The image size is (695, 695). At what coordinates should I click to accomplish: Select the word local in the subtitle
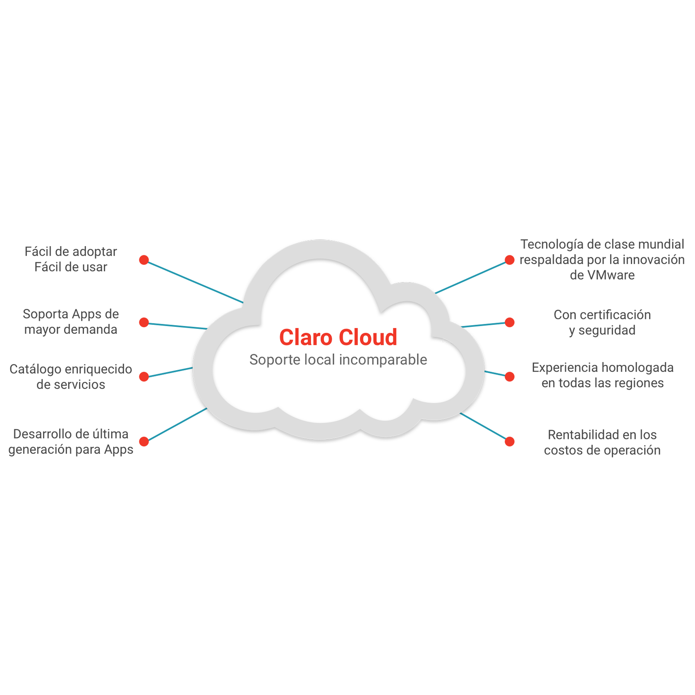click(319, 360)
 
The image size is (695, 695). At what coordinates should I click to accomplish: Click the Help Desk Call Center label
click(70, 256)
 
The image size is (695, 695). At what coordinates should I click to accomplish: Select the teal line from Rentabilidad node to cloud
click(484, 426)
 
